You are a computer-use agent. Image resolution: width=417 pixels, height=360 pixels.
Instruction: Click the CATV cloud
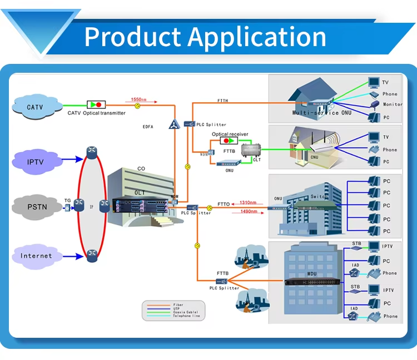36,106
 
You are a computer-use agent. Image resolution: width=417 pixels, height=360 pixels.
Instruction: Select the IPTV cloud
36,162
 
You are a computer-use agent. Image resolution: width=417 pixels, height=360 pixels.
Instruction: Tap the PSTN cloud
36,208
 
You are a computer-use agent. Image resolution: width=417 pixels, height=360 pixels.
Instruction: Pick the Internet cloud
36,256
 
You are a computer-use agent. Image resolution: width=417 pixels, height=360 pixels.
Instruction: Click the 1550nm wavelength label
139,99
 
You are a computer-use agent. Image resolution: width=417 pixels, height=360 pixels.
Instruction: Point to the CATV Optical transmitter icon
96,104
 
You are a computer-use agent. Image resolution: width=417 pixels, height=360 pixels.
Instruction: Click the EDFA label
148,127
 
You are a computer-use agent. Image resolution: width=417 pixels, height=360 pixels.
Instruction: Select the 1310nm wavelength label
247,203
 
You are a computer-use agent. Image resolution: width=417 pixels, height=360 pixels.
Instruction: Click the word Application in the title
257,37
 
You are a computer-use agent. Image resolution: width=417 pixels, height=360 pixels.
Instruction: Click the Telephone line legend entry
186,316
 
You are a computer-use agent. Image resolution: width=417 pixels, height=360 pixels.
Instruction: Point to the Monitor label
393,104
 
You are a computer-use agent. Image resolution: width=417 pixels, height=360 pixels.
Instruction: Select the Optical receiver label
228,134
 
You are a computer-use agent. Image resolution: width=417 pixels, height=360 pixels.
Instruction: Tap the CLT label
257,160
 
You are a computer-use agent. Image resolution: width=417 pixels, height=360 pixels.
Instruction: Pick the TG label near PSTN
67,201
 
